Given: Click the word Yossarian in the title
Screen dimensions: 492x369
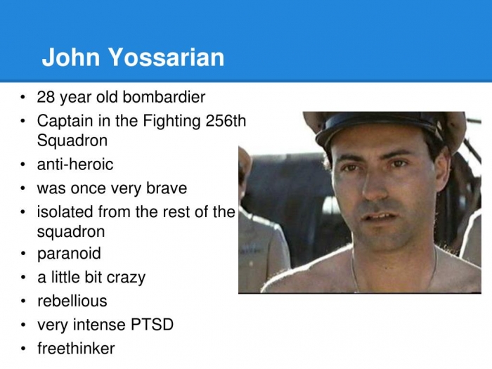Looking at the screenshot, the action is [167, 57].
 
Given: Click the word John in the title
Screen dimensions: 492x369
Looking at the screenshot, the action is [71, 57].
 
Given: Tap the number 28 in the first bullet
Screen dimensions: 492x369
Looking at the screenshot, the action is [46, 97].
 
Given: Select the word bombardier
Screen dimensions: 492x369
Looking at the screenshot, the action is [164, 97].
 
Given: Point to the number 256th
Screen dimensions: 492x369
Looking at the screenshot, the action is [226, 121].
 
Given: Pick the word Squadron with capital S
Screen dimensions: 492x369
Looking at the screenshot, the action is [72, 141].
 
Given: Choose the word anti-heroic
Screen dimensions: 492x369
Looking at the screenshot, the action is [75, 164].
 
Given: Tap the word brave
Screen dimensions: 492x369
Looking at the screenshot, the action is [167, 188].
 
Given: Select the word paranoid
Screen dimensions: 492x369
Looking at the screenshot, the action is [69, 254].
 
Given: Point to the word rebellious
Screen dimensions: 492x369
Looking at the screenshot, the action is [72, 301].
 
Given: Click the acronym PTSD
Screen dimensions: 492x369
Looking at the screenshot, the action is [152, 325].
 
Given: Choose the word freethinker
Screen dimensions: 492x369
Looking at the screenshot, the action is [76, 349].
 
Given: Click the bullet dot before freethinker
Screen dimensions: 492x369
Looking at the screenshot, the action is [23, 349].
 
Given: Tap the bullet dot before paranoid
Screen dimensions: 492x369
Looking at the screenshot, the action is [23, 254].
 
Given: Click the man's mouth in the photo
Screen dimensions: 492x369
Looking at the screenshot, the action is [380, 216].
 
